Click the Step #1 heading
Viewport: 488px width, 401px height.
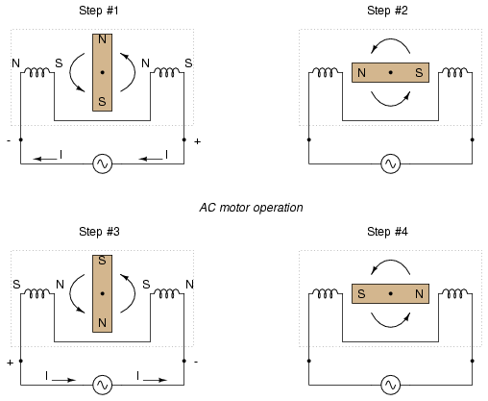point(99,11)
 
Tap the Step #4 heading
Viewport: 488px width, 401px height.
point(387,232)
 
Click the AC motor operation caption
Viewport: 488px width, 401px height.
point(251,208)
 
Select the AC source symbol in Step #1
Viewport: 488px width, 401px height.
point(103,163)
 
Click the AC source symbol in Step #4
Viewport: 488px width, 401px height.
point(391,385)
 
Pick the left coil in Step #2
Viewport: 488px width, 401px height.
point(326,72)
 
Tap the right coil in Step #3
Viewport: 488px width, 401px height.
point(167,293)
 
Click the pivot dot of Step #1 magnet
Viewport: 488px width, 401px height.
point(103,72)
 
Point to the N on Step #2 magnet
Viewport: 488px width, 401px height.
point(361,73)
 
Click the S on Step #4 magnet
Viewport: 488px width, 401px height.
point(361,293)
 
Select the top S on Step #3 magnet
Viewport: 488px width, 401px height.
point(102,261)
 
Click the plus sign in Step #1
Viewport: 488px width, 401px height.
point(197,141)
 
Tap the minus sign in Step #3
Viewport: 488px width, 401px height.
point(196,362)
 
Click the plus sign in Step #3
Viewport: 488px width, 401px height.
point(11,363)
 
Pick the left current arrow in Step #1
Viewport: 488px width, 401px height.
point(45,159)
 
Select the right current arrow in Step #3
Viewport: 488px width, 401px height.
point(155,380)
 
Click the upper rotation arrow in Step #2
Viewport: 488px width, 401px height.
point(390,39)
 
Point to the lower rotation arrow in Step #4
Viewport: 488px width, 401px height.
point(391,326)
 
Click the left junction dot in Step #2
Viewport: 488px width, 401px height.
point(309,139)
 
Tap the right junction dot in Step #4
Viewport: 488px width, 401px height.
point(473,361)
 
